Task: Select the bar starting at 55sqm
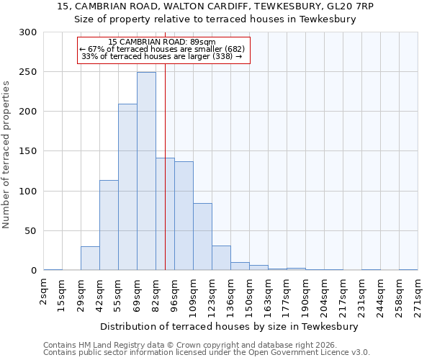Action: (x=127, y=187)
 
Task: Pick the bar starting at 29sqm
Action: (x=90, y=258)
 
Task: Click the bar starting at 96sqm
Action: (x=184, y=216)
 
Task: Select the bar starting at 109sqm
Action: (x=202, y=237)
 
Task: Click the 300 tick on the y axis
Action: (x=28, y=32)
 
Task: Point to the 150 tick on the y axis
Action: (x=28, y=152)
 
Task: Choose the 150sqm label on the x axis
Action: (x=249, y=296)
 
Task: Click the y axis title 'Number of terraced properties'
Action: (x=6, y=154)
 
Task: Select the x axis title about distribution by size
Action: (x=230, y=326)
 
